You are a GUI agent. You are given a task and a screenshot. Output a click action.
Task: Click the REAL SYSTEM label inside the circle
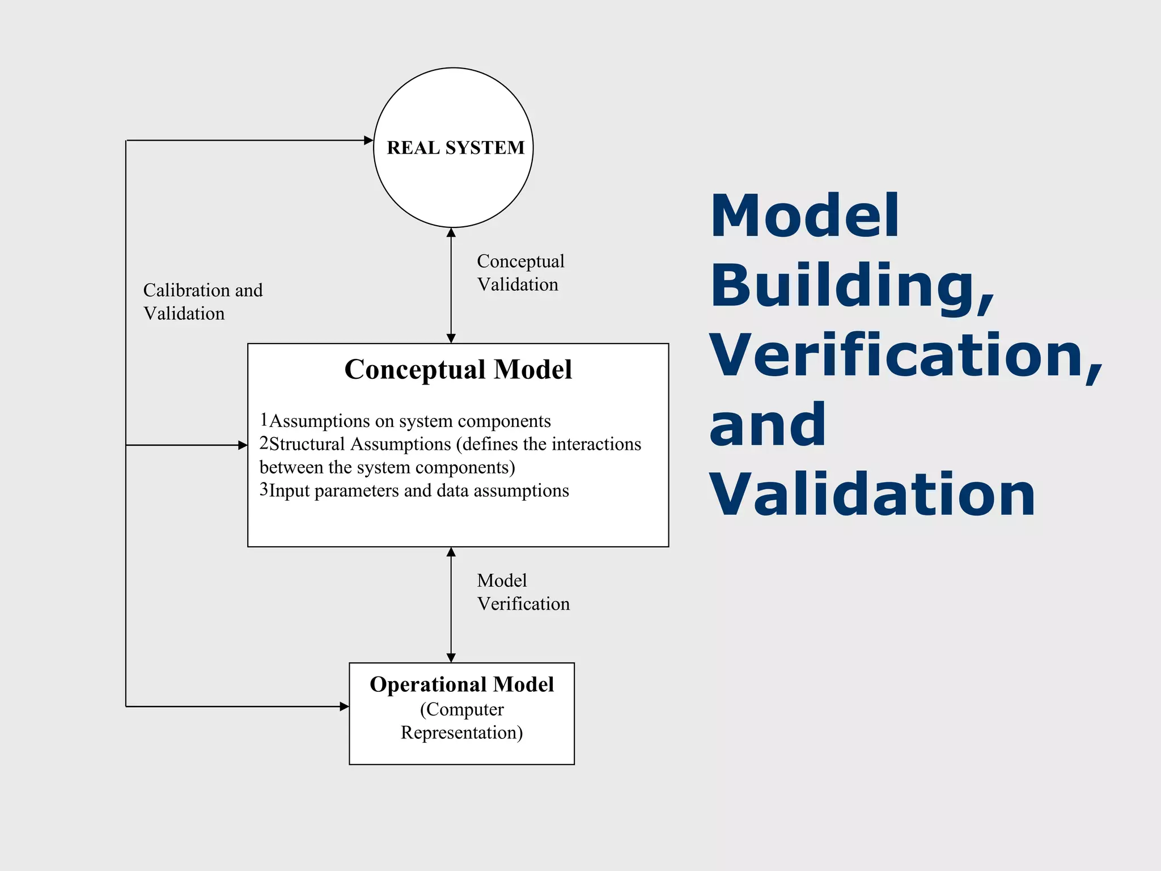tap(455, 147)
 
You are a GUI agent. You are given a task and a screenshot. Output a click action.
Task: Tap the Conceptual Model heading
tap(458, 369)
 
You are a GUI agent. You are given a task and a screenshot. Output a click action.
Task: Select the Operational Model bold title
tap(461, 684)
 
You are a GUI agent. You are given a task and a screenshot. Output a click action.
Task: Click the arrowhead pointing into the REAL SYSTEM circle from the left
tap(368, 140)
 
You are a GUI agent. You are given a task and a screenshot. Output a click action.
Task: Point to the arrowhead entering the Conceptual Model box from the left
tap(243, 445)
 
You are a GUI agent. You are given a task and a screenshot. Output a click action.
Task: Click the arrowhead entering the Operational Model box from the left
tap(344, 706)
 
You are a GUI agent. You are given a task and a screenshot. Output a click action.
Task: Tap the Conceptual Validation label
tap(520, 273)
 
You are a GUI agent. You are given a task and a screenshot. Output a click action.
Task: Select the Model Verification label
tap(523, 592)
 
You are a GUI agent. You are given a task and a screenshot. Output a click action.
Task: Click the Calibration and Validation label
tap(202, 302)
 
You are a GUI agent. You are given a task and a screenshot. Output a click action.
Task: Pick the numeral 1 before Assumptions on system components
tap(264, 420)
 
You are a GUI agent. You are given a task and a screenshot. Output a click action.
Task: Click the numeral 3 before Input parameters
tap(264, 489)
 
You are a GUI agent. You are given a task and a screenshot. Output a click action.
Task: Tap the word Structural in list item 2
tap(307, 444)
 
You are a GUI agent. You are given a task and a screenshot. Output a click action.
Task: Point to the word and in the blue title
tap(767, 425)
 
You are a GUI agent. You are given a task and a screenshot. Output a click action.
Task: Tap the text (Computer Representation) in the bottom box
tap(461, 721)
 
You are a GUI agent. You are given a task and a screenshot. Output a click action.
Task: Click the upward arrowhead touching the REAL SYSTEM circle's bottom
tap(451, 232)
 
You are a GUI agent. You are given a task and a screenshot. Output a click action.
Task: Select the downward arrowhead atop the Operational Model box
tap(451, 658)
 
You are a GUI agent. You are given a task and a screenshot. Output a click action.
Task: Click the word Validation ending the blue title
tap(872, 494)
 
